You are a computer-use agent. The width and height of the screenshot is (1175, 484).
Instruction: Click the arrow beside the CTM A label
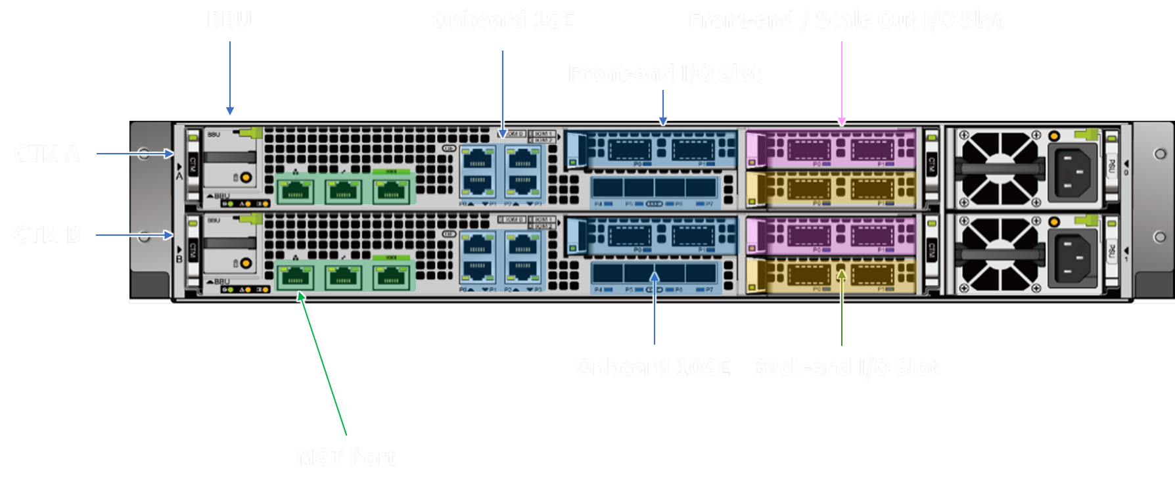134,154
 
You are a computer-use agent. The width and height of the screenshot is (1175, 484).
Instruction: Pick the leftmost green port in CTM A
296,191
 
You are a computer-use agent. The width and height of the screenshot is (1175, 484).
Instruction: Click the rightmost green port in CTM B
392,276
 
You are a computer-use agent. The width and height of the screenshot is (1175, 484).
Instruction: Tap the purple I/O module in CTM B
831,235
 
